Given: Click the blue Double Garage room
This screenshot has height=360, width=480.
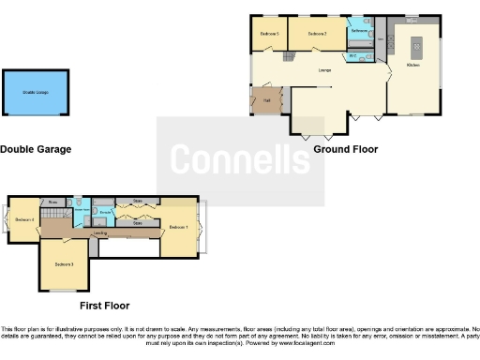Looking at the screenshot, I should pyautogui.click(x=36, y=93).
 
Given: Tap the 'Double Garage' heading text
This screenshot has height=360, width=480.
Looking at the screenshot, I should pyautogui.click(x=36, y=149).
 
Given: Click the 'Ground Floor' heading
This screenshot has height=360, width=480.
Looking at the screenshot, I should pyautogui.click(x=346, y=149).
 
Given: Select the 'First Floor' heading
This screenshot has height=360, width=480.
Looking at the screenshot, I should pyautogui.click(x=105, y=306).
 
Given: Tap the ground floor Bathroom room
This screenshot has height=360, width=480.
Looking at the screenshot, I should pyautogui.click(x=360, y=31).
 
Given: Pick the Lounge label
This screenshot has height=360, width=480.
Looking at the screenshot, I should pyautogui.click(x=324, y=71).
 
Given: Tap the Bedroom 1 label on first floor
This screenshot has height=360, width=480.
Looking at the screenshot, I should pyautogui.click(x=177, y=227).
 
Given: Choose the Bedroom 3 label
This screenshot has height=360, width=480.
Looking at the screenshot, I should pyautogui.click(x=64, y=264).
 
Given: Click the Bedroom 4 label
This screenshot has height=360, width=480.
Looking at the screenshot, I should pyautogui.click(x=25, y=220).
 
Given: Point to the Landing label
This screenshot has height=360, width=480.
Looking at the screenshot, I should pyautogui.click(x=100, y=232).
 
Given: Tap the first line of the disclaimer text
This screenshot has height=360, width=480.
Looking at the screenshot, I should pyautogui.click(x=240, y=329).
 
